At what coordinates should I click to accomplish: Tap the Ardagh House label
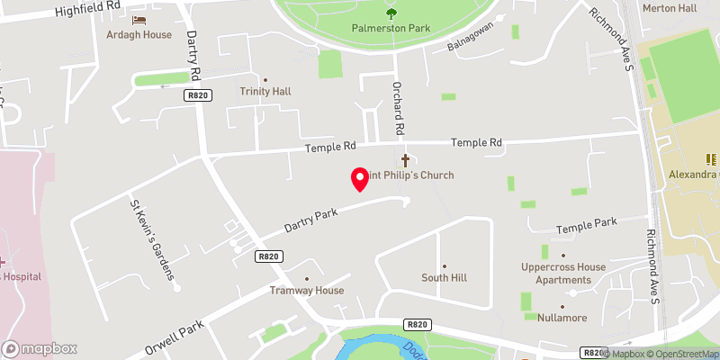[139, 35]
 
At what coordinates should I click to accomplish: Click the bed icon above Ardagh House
[139, 20]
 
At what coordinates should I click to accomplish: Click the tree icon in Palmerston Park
[391, 12]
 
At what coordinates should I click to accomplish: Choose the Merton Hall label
[670, 7]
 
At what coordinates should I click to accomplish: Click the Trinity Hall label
[265, 92]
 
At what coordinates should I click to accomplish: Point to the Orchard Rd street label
[395, 106]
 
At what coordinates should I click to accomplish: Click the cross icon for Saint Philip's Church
[405, 160]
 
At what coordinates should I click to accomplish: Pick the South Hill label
[443, 278]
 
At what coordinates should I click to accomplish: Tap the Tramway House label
[307, 291]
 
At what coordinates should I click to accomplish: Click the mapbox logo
[40, 348]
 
